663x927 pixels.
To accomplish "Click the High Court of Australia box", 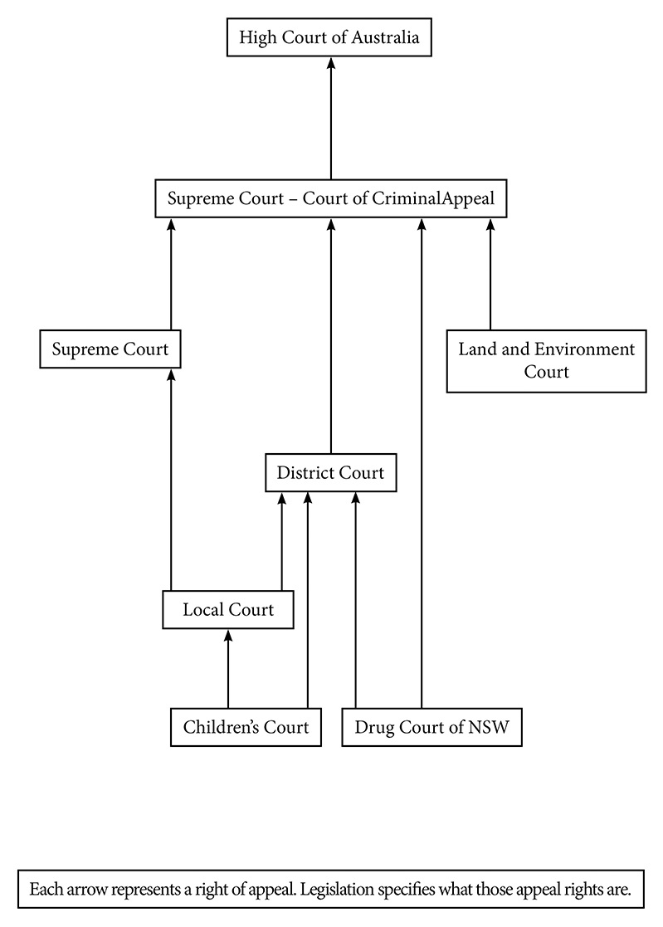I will tap(330, 38).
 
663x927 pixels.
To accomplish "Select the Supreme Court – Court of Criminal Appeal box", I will tap(330, 199).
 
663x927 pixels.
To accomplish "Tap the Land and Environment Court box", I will tap(546, 360).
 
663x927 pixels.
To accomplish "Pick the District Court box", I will tap(330, 473).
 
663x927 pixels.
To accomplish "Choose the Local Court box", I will tap(228, 610).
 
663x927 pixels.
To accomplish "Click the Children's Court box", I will tap(246, 727).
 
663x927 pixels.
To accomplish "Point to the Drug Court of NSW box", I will tap(431, 727).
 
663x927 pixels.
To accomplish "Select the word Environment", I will tap(586, 349).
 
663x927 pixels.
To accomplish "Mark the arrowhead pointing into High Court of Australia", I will tap(330, 64).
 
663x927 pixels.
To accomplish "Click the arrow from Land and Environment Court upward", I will tap(490, 274).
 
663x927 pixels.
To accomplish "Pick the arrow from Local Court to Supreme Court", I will tap(171, 481).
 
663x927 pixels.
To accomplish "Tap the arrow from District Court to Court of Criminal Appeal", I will tap(330, 332).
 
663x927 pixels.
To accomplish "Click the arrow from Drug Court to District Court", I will tap(356, 598).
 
